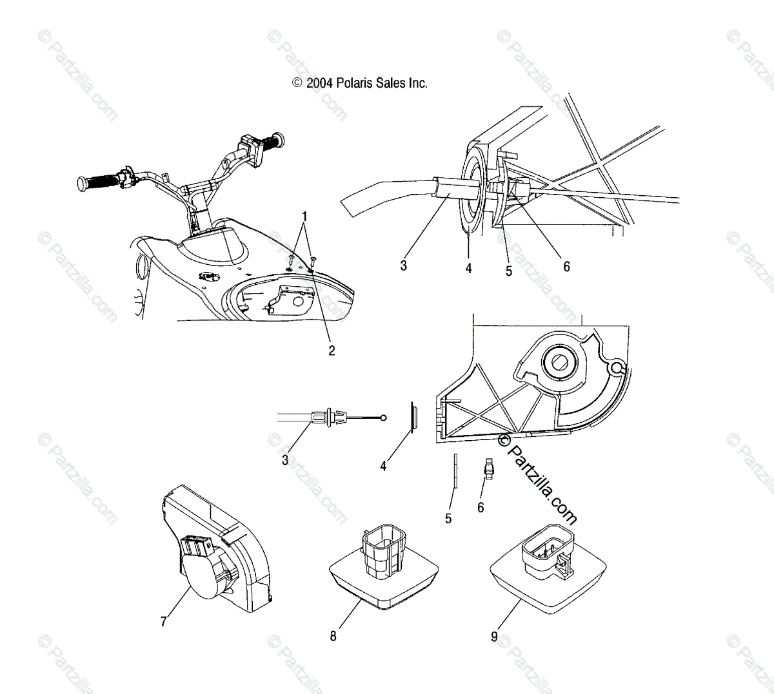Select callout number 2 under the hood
click(x=332, y=351)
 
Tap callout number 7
click(x=163, y=621)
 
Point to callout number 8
click(x=333, y=636)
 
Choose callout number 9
click(x=495, y=637)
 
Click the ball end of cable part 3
click(x=384, y=418)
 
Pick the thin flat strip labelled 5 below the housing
click(x=454, y=470)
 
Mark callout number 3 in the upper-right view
click(x=403, y=265)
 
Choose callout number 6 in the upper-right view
click(x=566, y=266)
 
